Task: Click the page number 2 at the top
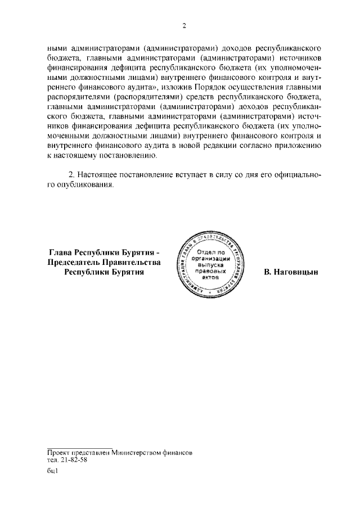[183, 26]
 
